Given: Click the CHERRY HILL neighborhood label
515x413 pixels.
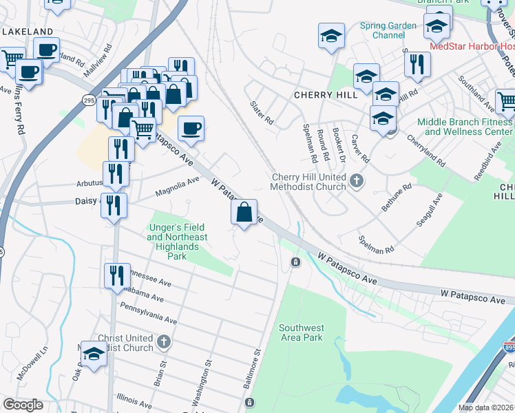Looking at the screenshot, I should [x=320, y=95].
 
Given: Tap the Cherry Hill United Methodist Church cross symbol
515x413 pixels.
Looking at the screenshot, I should [x=356, y=181].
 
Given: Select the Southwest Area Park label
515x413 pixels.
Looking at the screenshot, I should [x=302, y=333].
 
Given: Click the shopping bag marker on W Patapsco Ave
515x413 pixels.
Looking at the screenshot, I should [x=244, y=212].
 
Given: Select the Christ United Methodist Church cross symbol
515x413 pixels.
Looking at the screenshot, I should [x=163, y=341].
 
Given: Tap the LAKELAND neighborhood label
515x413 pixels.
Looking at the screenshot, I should [x=28, y=32].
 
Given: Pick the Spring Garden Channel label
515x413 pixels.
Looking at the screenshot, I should [x=388, y=30].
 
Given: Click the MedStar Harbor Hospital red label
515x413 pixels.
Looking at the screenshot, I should [x=471, y=46].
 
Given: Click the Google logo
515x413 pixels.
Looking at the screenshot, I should [x=23, y=405].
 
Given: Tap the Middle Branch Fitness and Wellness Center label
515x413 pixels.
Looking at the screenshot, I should [x=465, y=127].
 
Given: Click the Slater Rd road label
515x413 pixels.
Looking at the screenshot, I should [x=262, y=112].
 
